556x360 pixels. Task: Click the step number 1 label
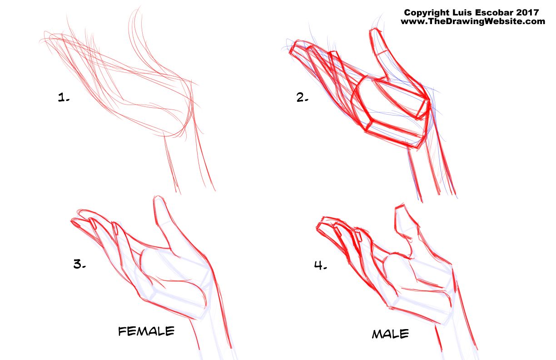[64, 97]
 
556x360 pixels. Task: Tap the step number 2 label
[302, 97]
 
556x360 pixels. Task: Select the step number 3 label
[79, 264]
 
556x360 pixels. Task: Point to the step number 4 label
[320, 265]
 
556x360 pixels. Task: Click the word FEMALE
[146, 331]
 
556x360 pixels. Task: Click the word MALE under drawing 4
[390, 334]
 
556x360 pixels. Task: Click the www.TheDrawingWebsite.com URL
[473, 21]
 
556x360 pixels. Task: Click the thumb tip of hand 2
[376, 30]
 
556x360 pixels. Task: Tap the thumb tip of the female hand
[159, 198]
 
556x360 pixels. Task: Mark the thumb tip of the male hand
[400, 206]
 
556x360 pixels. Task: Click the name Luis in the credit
[461, 12]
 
